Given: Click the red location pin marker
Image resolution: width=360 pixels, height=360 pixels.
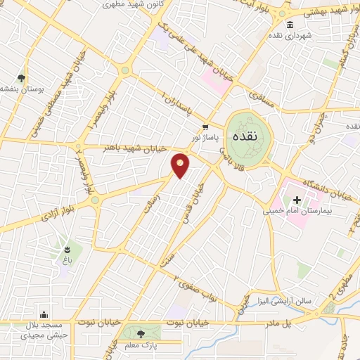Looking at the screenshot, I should tap(181, 165).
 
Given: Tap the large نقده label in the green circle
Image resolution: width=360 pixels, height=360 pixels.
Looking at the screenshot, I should tap(250, 133).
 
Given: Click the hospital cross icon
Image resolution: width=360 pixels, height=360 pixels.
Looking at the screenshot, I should tap(297, 200).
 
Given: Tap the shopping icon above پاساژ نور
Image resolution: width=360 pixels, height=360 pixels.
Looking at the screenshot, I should tap(205, 127).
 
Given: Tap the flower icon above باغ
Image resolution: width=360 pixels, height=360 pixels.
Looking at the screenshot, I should tap(67, 248).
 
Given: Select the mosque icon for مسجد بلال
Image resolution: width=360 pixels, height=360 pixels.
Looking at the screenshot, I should tap(44, 314).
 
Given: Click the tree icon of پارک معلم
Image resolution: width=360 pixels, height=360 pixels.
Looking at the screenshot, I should tap(142, 333).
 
